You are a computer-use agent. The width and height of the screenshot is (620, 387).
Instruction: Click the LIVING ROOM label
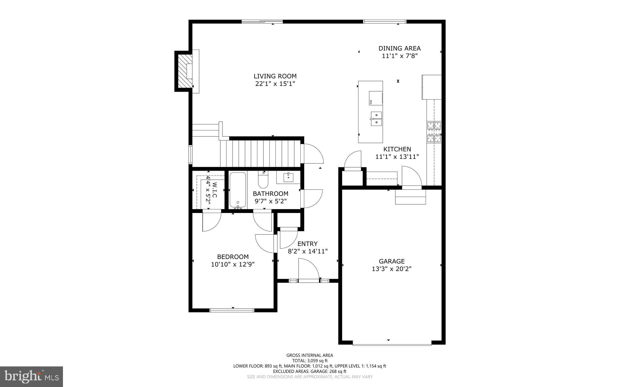(275, 76)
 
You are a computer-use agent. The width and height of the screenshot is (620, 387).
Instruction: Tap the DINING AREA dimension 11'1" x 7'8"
(400, 56)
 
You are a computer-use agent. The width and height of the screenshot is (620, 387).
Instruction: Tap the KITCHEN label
(397, 149)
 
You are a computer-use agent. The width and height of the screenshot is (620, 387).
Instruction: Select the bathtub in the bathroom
(238, 190)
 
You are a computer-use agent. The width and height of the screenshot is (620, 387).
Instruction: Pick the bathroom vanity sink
(288, 177)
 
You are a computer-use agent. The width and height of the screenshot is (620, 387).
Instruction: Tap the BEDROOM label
(232, 257)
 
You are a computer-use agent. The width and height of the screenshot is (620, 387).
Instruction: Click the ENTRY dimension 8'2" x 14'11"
(308, 251)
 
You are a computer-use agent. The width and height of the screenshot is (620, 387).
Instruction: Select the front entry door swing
(308, 269)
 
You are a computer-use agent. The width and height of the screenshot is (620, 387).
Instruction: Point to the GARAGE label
(391, 261)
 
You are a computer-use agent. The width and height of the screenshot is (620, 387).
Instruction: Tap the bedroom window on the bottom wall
(232, 310)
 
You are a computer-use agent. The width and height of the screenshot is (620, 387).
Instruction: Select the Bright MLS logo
(31, 376)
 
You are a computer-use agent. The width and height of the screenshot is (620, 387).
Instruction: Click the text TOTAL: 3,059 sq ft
(310, 361)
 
